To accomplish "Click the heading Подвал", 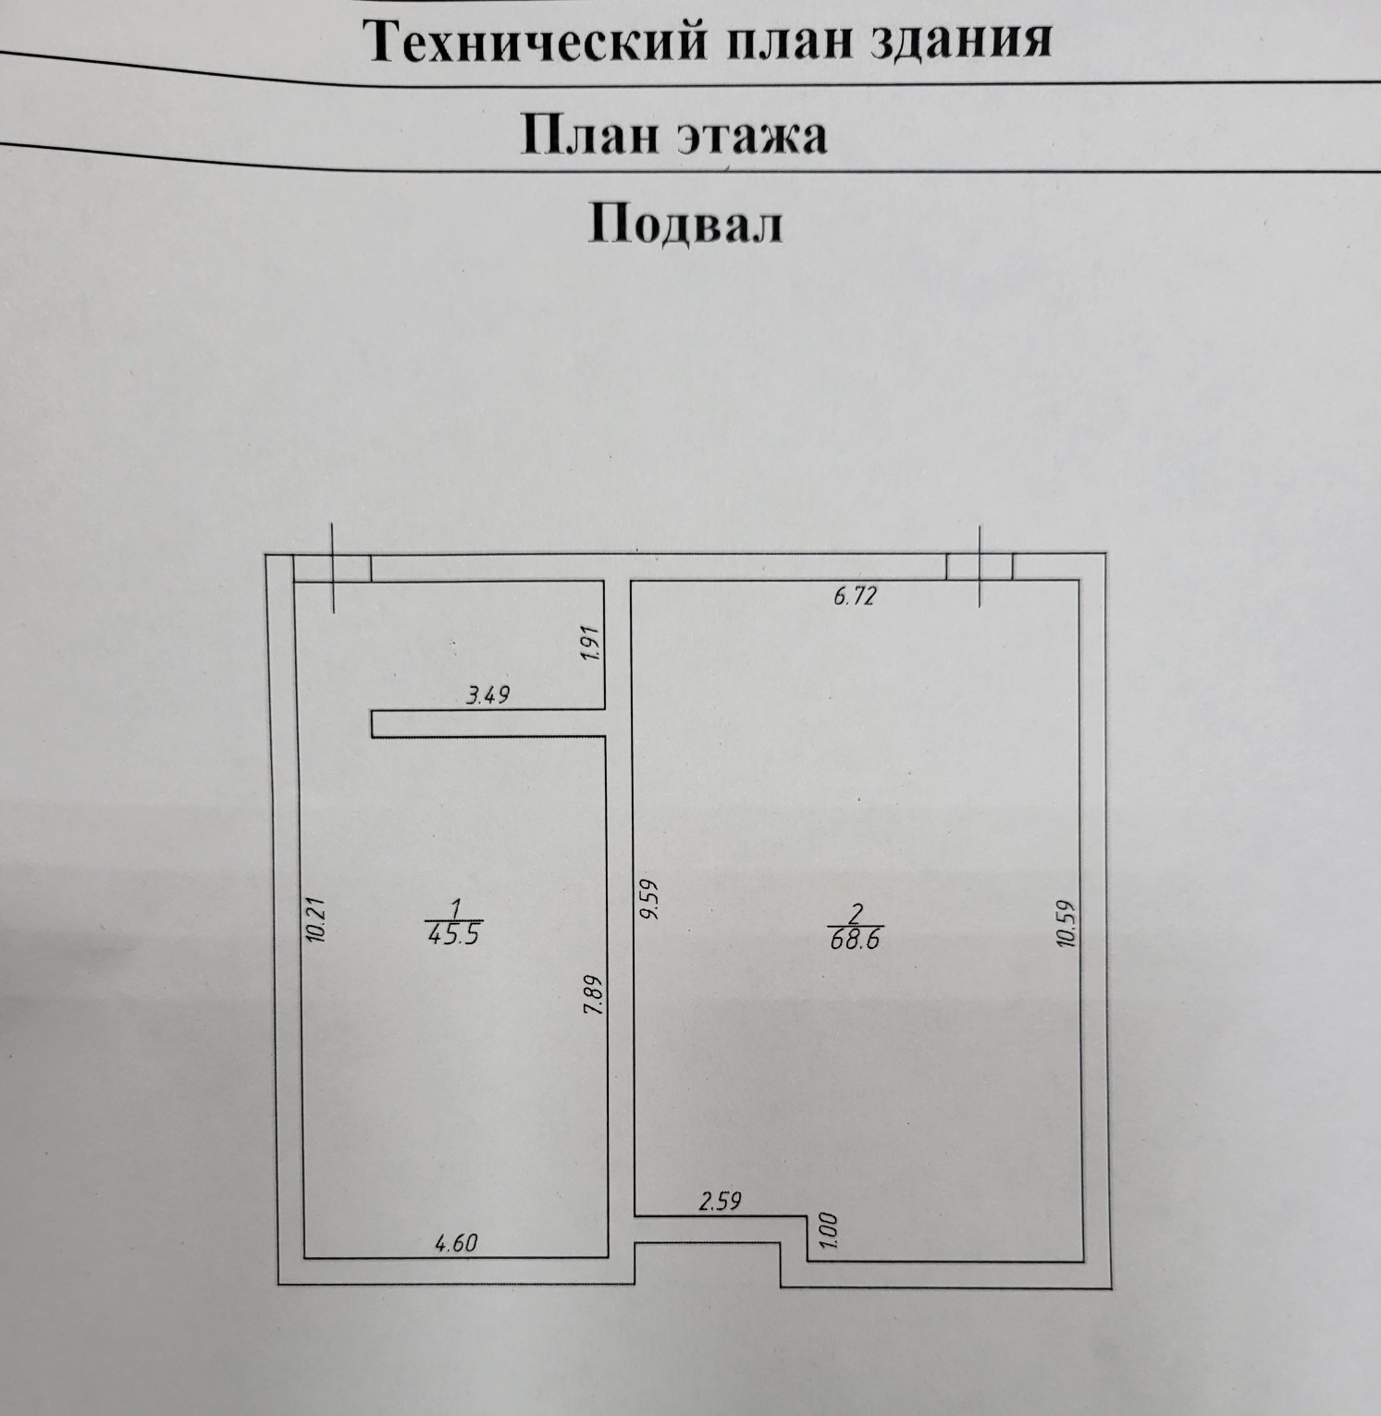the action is click(x=685, y=224).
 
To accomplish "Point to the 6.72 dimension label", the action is click(x=854, y=597).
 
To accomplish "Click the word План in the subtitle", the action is click(x=587, y=137).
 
